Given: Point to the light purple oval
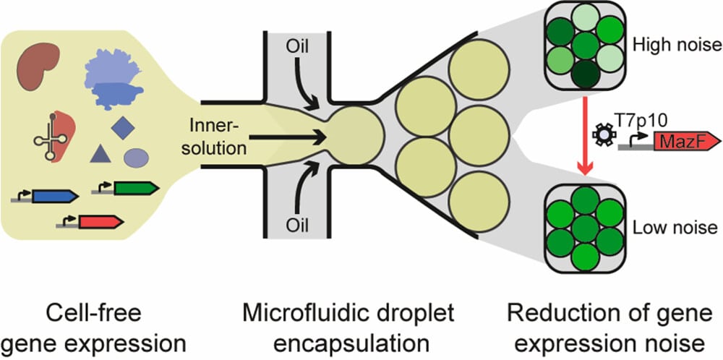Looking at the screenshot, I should click(x=136, y=157).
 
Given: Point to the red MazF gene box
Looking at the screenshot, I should click(x=683, y=141).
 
